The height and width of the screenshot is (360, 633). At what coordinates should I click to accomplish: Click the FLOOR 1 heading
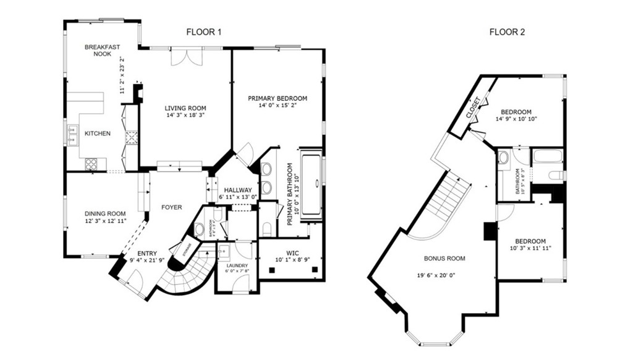tap(203, 32)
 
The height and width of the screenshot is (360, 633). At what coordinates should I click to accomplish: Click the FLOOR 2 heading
tap(507, 32)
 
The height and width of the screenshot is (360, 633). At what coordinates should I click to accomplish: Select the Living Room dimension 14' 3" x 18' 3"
tap(185, 115)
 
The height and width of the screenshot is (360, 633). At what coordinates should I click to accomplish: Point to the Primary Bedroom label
tap(278, 98)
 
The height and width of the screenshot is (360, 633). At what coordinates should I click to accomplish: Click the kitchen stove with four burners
tap(91, 164)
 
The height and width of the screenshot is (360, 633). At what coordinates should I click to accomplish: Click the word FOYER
tap(171, 207)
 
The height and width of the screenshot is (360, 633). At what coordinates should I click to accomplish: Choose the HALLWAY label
tap(238, 190)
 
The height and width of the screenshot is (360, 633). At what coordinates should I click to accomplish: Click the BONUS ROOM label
tap(444, 259)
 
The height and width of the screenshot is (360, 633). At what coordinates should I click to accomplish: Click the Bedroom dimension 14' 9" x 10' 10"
tap(516, 119)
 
